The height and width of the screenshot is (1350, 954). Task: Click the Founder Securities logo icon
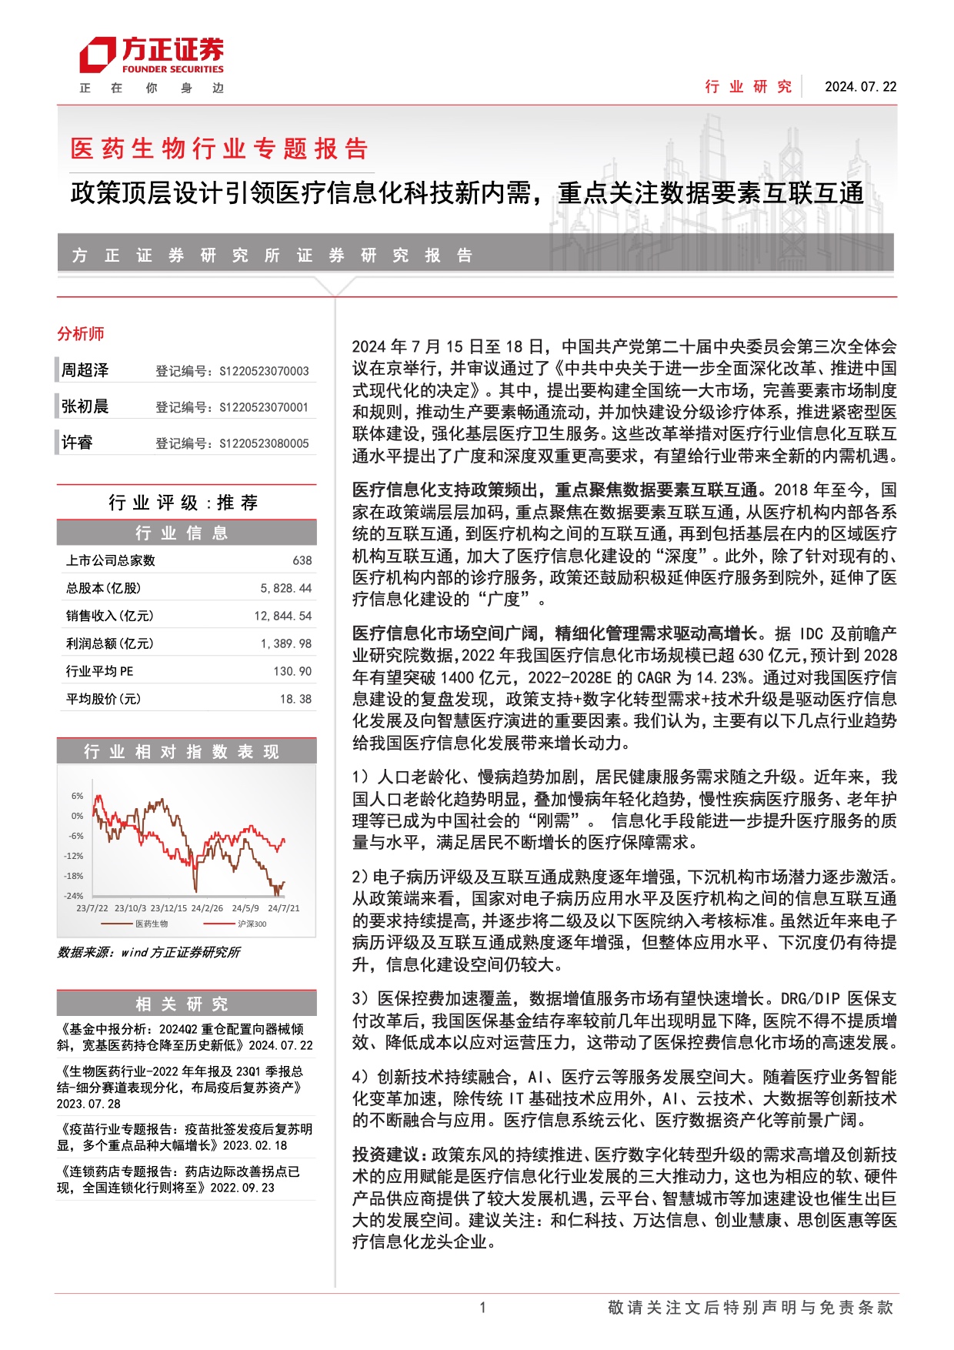[x=98, y=56]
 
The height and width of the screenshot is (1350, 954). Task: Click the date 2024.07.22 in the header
[x=860, y=87]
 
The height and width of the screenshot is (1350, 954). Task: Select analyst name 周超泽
[x=85, y=370]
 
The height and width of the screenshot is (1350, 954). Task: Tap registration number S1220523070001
[x=264, y=407]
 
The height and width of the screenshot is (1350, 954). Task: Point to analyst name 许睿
[x=78, y=443]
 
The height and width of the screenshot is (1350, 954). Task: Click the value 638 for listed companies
[x=302, y=561]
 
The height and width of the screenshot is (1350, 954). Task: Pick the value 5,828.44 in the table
[x=285, y=589]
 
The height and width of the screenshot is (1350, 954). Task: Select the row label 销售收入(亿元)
[x=109, y=616]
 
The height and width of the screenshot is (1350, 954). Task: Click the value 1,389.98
[x=285, y=644]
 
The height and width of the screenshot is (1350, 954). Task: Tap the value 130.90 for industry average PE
[x=292, y=672]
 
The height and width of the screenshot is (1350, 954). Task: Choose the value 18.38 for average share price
[x=295, y=700]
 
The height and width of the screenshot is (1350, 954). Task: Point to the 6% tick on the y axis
[x=78, y=796]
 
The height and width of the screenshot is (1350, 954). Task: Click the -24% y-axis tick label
[x=74, y=896]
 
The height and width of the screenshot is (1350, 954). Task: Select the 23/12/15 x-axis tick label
[x=168, y=909]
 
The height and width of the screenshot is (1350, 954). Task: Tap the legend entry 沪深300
[x=252, y=924]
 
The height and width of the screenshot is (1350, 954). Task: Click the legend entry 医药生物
[x=152, y=924]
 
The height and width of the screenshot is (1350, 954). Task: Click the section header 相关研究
[x=182, y=1004]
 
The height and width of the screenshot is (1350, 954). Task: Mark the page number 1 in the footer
[x=482, y=1307]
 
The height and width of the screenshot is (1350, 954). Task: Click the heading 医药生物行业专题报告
[x=219, y=149]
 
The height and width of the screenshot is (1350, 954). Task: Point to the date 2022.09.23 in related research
[x=243, y=1188]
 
